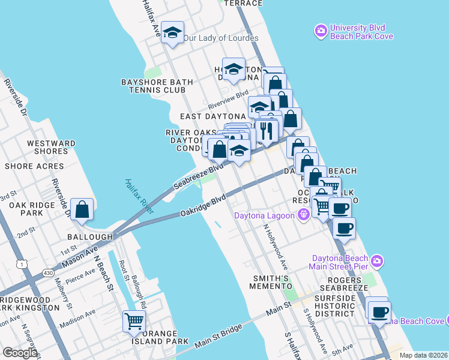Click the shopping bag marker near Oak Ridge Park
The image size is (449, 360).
(x=82, y=210)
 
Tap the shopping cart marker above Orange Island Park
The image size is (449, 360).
(x=134, y=322)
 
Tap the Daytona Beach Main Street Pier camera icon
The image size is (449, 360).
(x=377, y=261)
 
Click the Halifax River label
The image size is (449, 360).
(x=139, y=196)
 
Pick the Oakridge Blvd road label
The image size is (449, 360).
(x=203, y=205)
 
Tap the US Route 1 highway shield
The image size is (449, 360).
(x=22, y=263)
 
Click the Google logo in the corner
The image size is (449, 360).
(x=20, y=352)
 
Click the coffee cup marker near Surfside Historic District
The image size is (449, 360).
(x=379, y=312)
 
